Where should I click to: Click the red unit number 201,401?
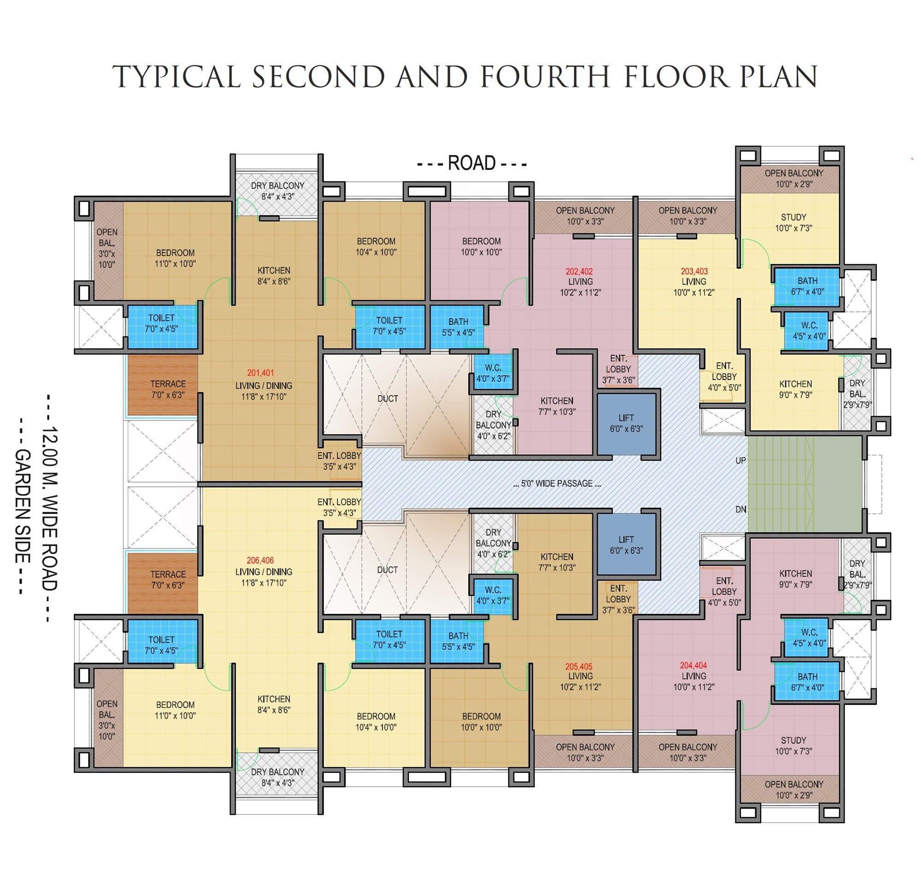(x=261, y=373)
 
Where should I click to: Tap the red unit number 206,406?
(x=261, y=560)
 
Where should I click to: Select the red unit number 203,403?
(x=694, y=271)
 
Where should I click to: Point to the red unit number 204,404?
(x=693, y=665)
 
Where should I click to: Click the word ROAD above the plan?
(x=472, y=163)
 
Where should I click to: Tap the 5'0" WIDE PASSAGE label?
(x=557, y=484)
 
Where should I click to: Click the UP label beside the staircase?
(x=740, y=461)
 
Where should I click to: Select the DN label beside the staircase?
(x=740, y=509)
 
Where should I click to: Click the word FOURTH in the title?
(x=545, y=77)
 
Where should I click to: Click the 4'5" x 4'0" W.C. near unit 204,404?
(x=806, y=638)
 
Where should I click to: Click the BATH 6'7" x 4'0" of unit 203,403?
(x=807, y=286)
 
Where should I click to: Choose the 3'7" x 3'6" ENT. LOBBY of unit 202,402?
(x=618, y=369)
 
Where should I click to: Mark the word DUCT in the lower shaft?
(x=387, y=569)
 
